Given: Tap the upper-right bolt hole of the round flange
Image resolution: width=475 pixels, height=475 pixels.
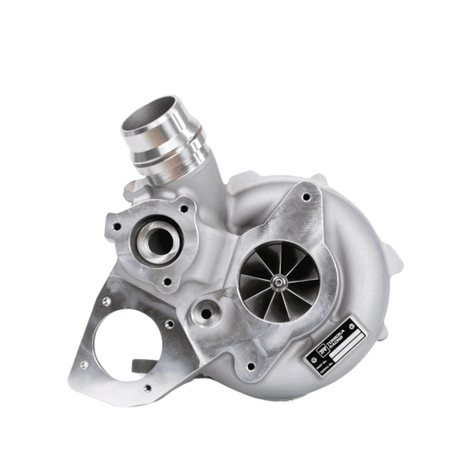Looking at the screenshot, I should [x=184, y=207].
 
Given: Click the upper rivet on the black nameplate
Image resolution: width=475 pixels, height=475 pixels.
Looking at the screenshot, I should [x=351, y=326].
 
